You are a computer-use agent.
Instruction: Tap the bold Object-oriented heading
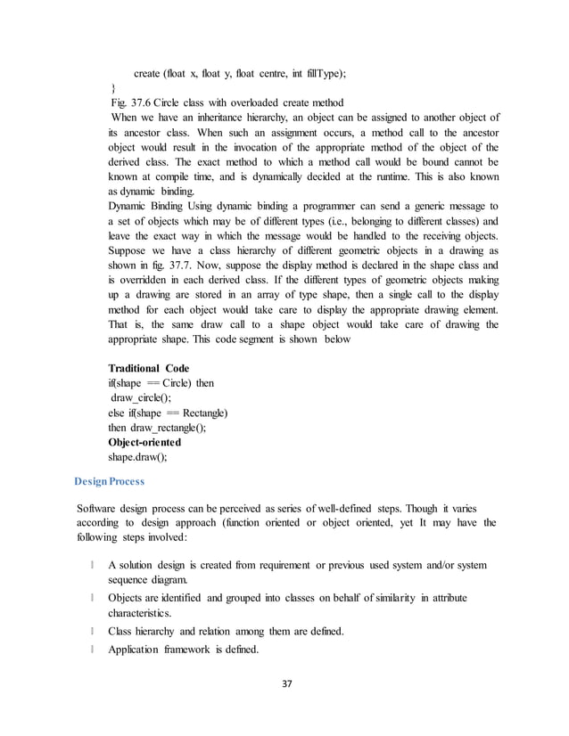[x=144, y=443]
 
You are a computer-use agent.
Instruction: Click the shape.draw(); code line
[x=138, y=458]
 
